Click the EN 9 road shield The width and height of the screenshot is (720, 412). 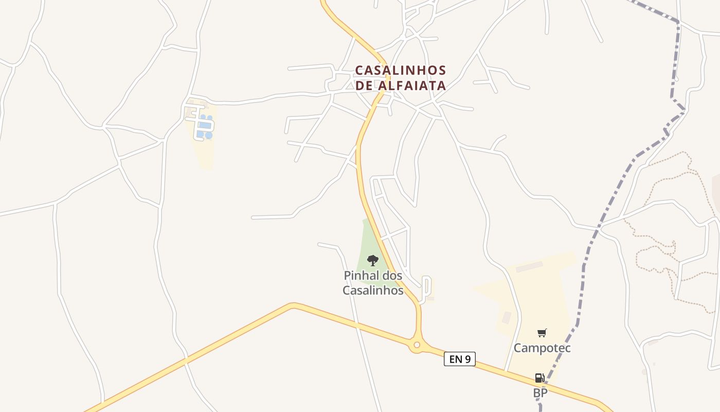(x=460, y=359)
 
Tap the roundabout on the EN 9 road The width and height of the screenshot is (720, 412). (x=417, y=345)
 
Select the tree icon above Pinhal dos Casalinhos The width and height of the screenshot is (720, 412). (x=373, y=260)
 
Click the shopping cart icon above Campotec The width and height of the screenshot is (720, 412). (x=542, y=333)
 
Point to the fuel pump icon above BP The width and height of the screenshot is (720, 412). (x=539, y=378)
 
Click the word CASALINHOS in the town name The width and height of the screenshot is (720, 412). (x=401, y=70)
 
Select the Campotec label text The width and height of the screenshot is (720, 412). (x=542, y=348)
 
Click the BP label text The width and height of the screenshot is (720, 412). (x=540, y=393)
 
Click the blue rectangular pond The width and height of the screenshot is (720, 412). (x=205, y=125)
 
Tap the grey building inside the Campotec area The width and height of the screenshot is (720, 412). (x=507, y=317)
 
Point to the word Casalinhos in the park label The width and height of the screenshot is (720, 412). (x=373, y=290)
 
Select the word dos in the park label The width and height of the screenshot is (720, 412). (x=392, y=276)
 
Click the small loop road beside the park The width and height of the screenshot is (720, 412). (x=426, y=288)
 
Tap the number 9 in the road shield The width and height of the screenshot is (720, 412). (x=468, y=359)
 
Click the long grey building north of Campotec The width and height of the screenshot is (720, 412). (x=529, y=267)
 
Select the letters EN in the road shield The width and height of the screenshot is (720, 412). (x=456, y=359)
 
